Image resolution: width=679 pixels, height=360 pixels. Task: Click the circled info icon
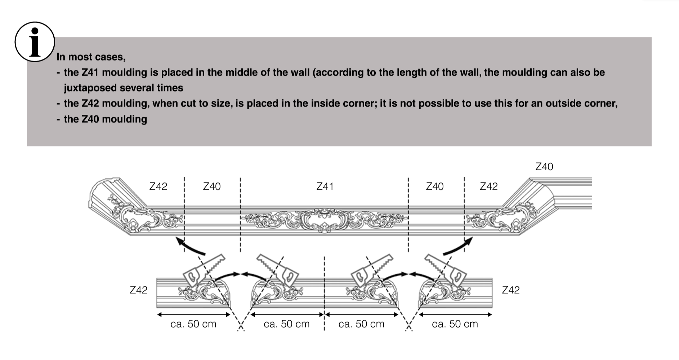35,42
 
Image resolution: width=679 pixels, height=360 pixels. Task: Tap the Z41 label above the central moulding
325,186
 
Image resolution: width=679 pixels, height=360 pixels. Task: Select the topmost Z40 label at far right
544,167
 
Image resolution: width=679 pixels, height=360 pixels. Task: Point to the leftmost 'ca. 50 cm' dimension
193,324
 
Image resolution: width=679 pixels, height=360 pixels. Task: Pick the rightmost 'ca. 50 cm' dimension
455,324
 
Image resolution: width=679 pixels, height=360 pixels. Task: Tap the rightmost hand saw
446,270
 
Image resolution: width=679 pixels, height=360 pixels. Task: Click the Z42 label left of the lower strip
139,290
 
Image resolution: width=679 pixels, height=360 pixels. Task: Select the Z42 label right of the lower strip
511,290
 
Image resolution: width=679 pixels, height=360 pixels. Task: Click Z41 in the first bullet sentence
90,72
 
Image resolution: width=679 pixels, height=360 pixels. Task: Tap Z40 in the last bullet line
90,119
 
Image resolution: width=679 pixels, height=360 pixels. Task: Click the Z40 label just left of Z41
212,186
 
